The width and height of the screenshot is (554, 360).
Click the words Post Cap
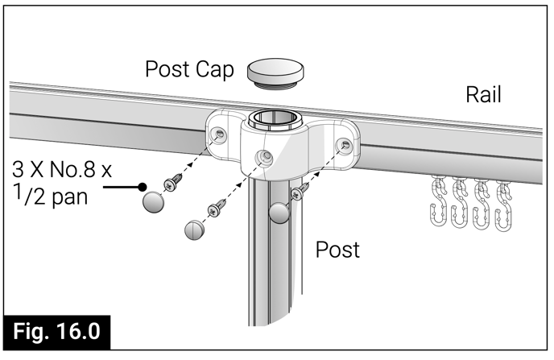[x=189, y=69]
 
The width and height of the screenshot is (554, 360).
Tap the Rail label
[x=484, y=95]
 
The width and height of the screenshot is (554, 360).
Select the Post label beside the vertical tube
[x=337, y=249]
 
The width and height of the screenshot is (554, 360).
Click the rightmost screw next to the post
[x=298, y=192]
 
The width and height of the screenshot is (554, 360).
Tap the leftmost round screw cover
[x=153, y=201]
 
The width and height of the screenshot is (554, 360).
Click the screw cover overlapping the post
[x=279, y=213]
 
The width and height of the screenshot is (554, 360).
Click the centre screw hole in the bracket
[x=260, y=157]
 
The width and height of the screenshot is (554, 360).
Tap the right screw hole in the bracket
[x=345, y=145]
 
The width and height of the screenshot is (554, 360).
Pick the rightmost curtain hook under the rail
[x=504, y=203]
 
